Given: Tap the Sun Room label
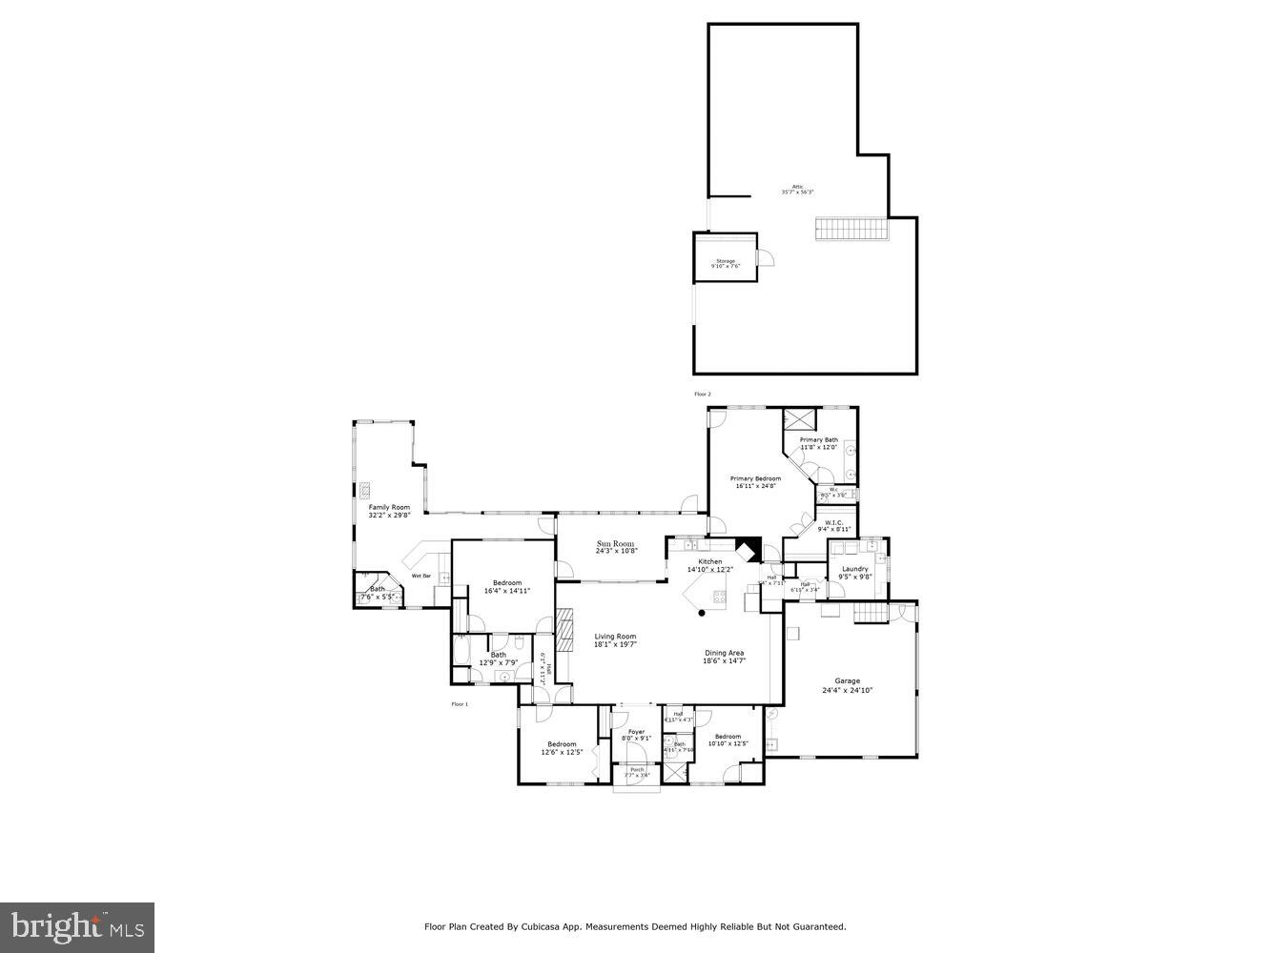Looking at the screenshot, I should (x=615, y=543).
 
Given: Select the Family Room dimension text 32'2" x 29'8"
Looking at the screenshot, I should (x=389, y=516).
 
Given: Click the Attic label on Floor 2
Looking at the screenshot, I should (x=797, y=187).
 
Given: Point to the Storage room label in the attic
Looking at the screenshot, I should (x=726, y=260).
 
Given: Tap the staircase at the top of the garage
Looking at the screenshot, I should (x=870, y=613).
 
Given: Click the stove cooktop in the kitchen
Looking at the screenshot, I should (x=718, y=598).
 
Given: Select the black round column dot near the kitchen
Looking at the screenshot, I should (x=702, y=613).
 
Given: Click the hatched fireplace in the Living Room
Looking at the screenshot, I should (x=565, y=631).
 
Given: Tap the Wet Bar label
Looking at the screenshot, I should (x=420, y=576).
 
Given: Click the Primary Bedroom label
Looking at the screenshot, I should (x=755, y=478).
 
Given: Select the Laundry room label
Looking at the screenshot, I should (x=854, y=569).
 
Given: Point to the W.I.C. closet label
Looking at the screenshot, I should (x=833, y=522).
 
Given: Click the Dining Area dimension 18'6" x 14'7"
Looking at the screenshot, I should (x=724, y=660).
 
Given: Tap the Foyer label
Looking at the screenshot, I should (x=636, y=732).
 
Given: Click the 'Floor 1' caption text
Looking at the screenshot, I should (x=460, y=704).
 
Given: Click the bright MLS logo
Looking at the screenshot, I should (x=77, y=927).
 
